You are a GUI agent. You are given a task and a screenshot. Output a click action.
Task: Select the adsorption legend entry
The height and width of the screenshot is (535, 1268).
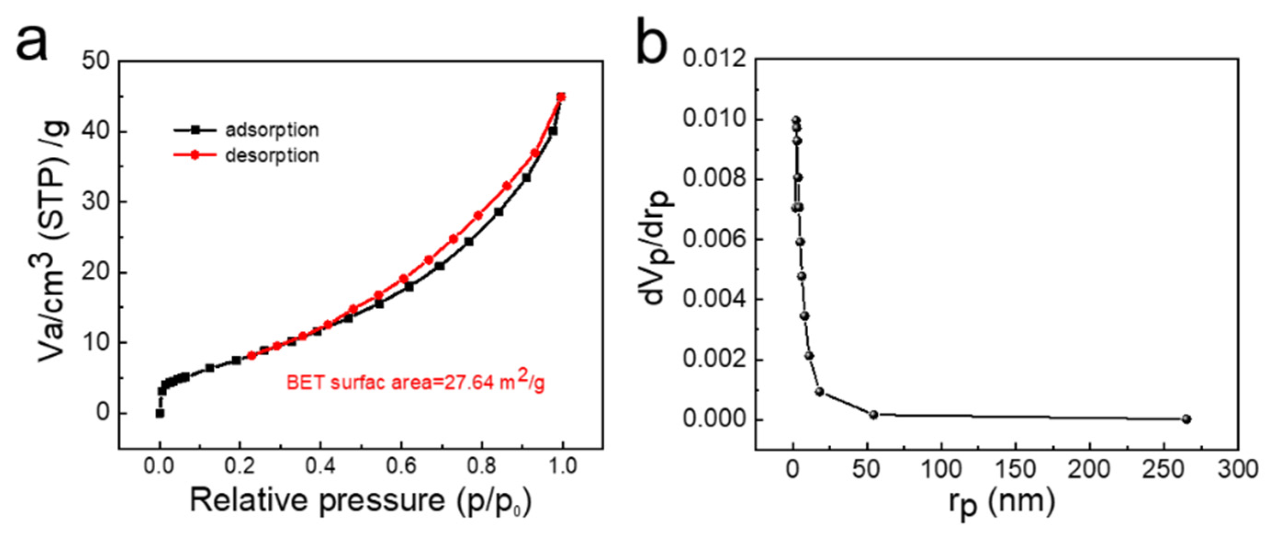coord(271,130)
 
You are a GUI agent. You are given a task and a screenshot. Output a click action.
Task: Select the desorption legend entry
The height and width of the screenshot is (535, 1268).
coord(271,155)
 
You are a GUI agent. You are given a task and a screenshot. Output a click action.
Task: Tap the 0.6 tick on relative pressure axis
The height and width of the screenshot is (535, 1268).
coord(401,466)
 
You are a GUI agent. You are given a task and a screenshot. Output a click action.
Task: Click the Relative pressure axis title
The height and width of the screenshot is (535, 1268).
coord(361,501)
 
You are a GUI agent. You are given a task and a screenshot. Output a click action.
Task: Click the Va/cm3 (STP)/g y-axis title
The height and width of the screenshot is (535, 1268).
coord(55,236)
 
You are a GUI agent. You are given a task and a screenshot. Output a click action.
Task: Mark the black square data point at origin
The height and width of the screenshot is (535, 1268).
coord(159,413)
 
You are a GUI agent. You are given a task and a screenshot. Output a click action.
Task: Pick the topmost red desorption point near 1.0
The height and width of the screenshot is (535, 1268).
coord(561,97)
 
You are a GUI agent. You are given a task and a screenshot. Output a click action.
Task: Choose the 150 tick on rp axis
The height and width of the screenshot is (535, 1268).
coord(1015,469)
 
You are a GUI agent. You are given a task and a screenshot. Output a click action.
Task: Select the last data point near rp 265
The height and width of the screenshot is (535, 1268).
coord(1186,419)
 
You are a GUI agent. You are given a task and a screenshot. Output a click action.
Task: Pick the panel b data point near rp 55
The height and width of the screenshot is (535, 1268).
coord(873,414)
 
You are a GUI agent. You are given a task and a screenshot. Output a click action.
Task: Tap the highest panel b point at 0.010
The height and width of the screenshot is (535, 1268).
coord(795,120)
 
